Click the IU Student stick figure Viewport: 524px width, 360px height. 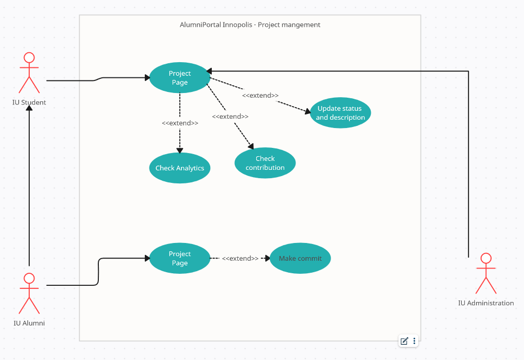tap(29, 73)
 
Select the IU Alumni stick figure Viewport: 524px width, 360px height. tap(29, 293)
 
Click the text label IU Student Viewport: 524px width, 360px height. tap(29, 102)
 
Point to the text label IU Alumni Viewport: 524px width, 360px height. tap(29, 323)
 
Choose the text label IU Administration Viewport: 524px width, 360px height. tap(486, 303)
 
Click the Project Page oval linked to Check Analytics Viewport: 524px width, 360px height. tap(179, 78)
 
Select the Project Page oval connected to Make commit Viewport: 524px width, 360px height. tap(179, 259)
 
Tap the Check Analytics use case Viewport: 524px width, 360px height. tap(180, 168)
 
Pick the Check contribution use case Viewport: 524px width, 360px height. tap(265, 163)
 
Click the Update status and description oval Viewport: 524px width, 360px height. tap(340, 113)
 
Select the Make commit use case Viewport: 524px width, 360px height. tap(300, 259)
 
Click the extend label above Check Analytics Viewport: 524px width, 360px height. tap(180, 123)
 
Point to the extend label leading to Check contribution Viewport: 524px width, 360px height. tap(230, 117)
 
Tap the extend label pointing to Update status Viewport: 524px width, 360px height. tap(260, 96)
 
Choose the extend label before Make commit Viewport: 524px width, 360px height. tap(240, 259)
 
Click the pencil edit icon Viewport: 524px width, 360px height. tap(404, 341)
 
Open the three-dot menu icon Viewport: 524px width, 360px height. tap(414, 341)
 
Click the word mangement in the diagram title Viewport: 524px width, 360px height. tap(301, 25)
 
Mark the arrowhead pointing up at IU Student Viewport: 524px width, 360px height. tap(29, 108)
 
